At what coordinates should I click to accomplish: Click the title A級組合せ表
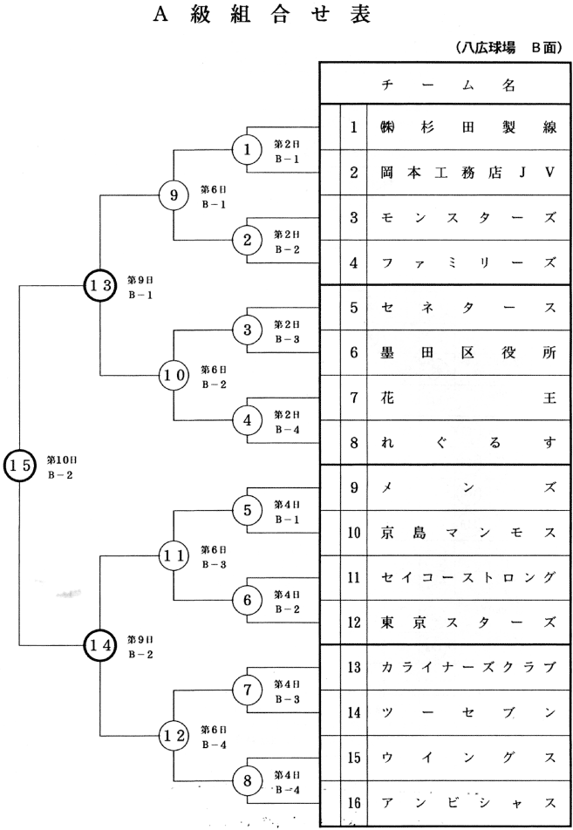click(249, 15)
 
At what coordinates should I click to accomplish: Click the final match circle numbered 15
click(19, 465)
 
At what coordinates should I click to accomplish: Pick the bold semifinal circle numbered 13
click(100, 284)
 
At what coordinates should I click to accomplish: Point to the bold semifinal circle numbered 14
click(100, 645)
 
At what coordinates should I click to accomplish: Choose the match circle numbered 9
click(174, 195)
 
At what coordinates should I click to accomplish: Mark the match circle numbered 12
click(174, 735)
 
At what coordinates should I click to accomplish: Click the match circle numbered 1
click(248, 149)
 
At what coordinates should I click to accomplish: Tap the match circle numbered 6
click(248, 600)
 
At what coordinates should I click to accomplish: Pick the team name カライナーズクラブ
click(467, 667)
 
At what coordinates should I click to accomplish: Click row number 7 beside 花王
click(353, 398)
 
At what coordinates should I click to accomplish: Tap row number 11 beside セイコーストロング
click(353, 577)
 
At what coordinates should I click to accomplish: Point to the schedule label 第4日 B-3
click(287, 691)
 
